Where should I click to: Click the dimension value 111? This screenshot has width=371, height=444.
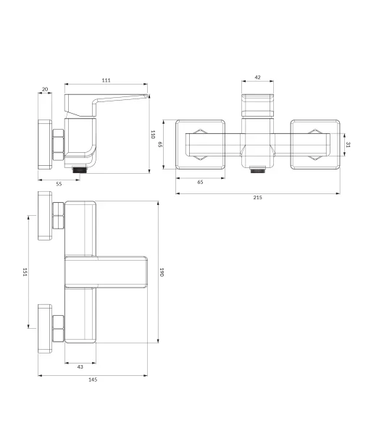107,80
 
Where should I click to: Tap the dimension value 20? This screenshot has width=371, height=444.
45,89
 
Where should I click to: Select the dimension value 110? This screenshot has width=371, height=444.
153,134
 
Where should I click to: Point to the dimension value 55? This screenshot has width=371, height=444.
59,184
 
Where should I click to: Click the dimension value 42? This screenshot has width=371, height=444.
258,78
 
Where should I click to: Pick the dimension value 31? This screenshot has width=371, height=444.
349,145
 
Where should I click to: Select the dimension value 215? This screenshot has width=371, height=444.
258,197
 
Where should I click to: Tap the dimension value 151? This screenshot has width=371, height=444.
25,272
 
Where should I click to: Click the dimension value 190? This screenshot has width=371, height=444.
162,272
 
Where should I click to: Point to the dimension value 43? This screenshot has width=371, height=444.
80,366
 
